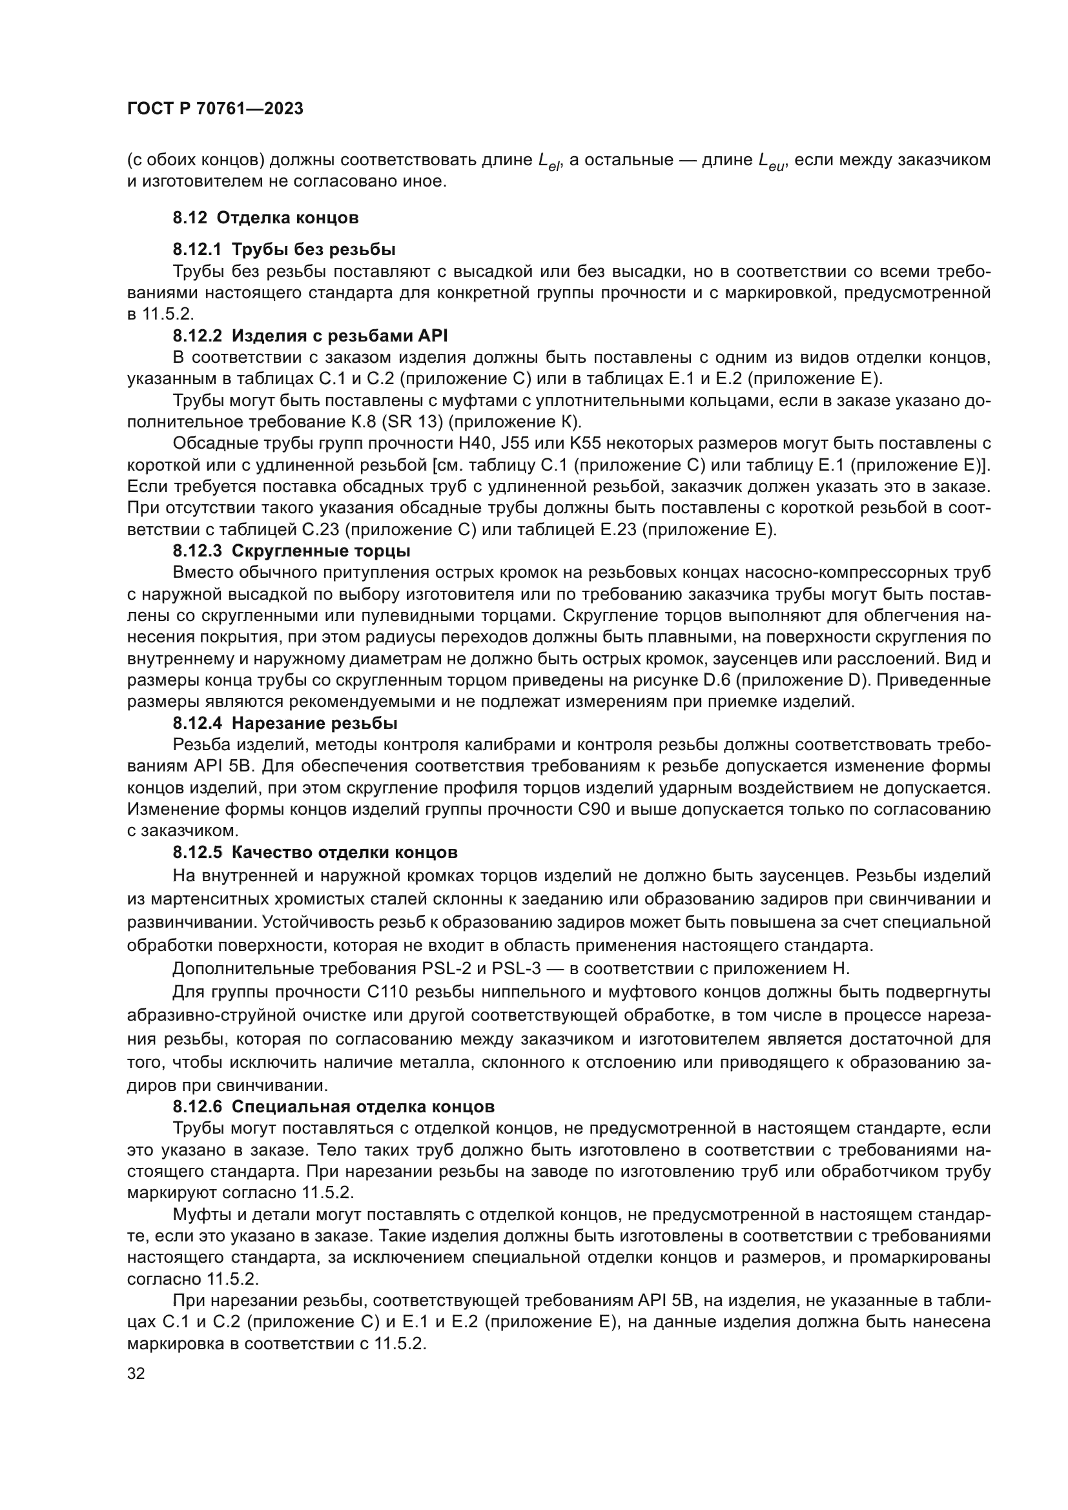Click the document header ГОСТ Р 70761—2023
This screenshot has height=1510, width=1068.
pos(215,109)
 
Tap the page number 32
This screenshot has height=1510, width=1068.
pos(136,1373)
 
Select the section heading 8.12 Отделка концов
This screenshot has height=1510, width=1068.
pos(265,218)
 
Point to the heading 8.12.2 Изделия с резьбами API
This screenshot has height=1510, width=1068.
pos(310,336)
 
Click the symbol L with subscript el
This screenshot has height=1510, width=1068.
pos(548,161)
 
